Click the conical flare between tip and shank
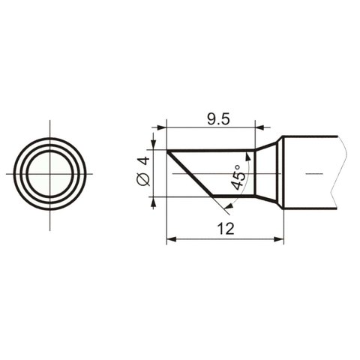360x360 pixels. click(x=268, y=173)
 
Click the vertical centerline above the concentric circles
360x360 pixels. click(x=50, y=127)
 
